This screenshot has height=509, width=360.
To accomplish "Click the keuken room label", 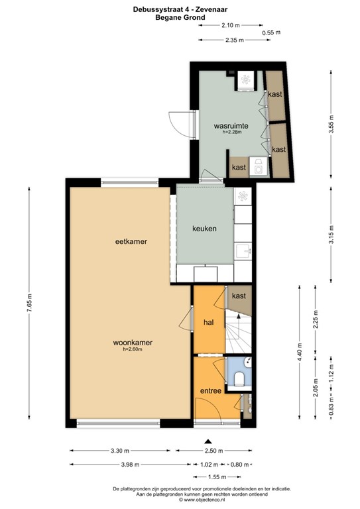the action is pyautogui.click(x=204, y=229).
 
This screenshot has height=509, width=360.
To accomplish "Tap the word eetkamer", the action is pyautogui.click(x=131, y=241).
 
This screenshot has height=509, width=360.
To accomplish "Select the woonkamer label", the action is pyautogui.click(x=133, y=343).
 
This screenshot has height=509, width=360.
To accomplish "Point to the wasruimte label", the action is pyautogui.click(x=231, y=126).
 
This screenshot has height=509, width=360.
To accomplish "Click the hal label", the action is pyautogui.click(x=208, y=322).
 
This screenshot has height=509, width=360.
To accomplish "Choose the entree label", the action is pyautogui.click(x=211, y=391).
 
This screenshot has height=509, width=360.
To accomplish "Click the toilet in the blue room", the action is pyautogui.click(x=239, y=378).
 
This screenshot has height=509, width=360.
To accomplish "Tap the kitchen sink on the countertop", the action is pyautogui.click(x=243, y=251).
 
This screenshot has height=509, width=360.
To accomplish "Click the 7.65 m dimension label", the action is pyautogui.click(x=30, y=303).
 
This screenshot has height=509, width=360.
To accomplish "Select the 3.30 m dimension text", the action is pyautogui.click(x=120, y=451).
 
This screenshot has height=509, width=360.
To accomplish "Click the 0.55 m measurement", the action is pyautogui.click(x=271, y=32).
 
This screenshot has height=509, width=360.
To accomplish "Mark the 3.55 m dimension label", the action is pyautogui.click(x=331, y=125).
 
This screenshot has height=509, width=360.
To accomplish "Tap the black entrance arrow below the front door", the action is pyautogui.click(x=208, y=441).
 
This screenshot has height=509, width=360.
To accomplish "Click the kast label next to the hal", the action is pyautogui.click(x=239, y=296).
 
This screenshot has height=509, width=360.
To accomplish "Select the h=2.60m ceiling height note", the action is pyautogui.click(x=133, y=349).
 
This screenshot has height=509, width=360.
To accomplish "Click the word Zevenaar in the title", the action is pyautogui.click(x=213, y=9).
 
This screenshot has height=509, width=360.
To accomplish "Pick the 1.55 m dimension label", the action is pyautogui.click(x=217, y=477).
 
